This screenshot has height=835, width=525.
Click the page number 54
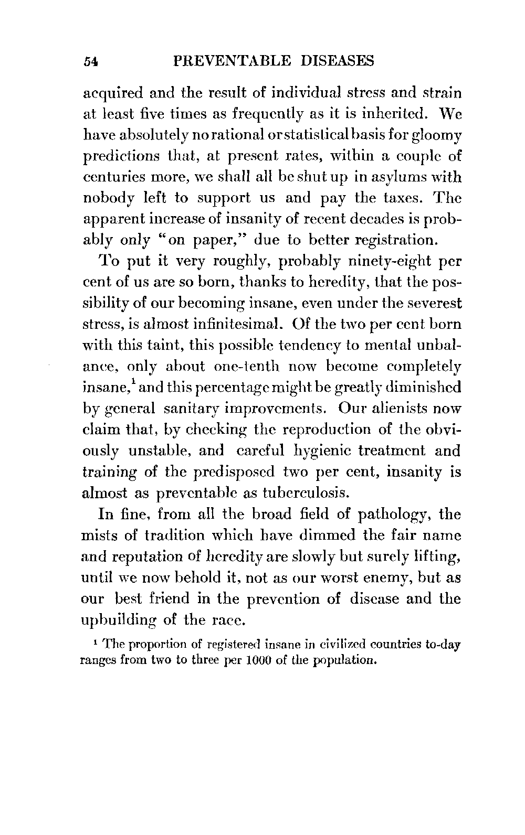click(x=91, y=62)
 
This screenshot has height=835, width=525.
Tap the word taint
click(x=162, y=346)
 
